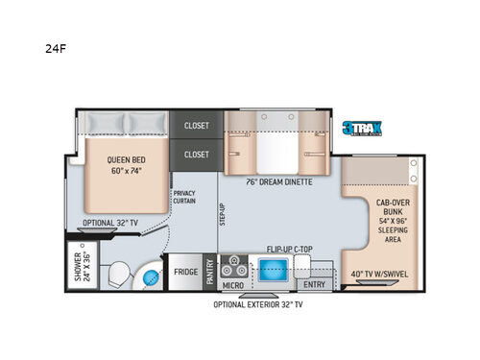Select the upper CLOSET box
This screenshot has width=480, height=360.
[x=196, y=124]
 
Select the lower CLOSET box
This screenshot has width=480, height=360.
[x=196, y=154]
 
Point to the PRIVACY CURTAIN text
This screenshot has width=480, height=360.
[x=184, y=198]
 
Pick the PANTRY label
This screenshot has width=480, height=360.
[x=209, y=272]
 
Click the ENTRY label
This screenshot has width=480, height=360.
[x=313, y=285]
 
